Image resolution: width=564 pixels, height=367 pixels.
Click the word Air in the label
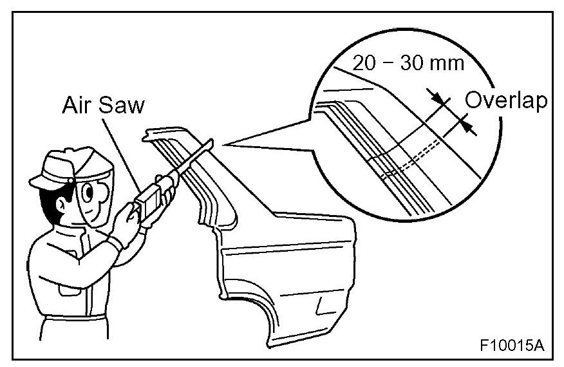click(75, 106)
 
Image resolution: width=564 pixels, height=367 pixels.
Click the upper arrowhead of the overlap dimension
click(438, 99)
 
